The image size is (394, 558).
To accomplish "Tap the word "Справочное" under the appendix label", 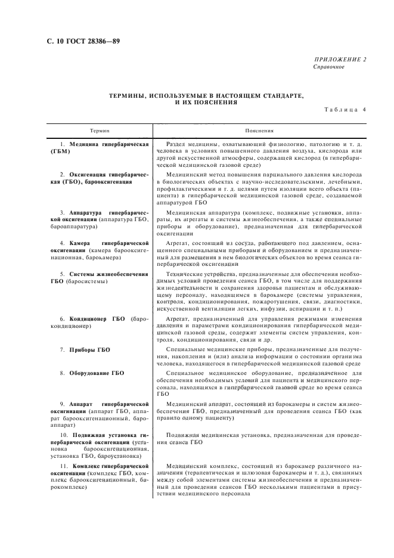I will pyautogui.click(x=328, y=66).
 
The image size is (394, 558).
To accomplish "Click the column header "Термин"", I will pyautogui.click(x=100, y=129).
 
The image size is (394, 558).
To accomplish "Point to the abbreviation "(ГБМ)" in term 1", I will pyautogui.click(x=61, y=151).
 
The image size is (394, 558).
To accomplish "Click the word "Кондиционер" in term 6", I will pyautogui.click(x=89, y=319).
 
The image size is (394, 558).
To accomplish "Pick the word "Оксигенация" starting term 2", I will pyautogui.click(x=89, y=175).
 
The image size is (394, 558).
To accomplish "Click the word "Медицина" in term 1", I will pyautogui.click(x=82, y=145).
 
